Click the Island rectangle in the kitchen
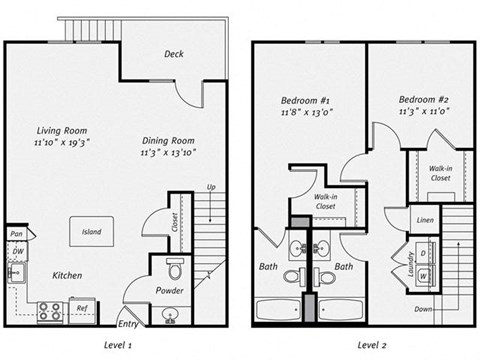point(91,232)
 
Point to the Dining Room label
point(165,141)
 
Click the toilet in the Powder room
point(173,270)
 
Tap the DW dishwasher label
point(17,251)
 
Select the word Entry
point(128,324)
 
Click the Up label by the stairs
point(210,187)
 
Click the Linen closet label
point(424,219)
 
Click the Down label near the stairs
point(423,310)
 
